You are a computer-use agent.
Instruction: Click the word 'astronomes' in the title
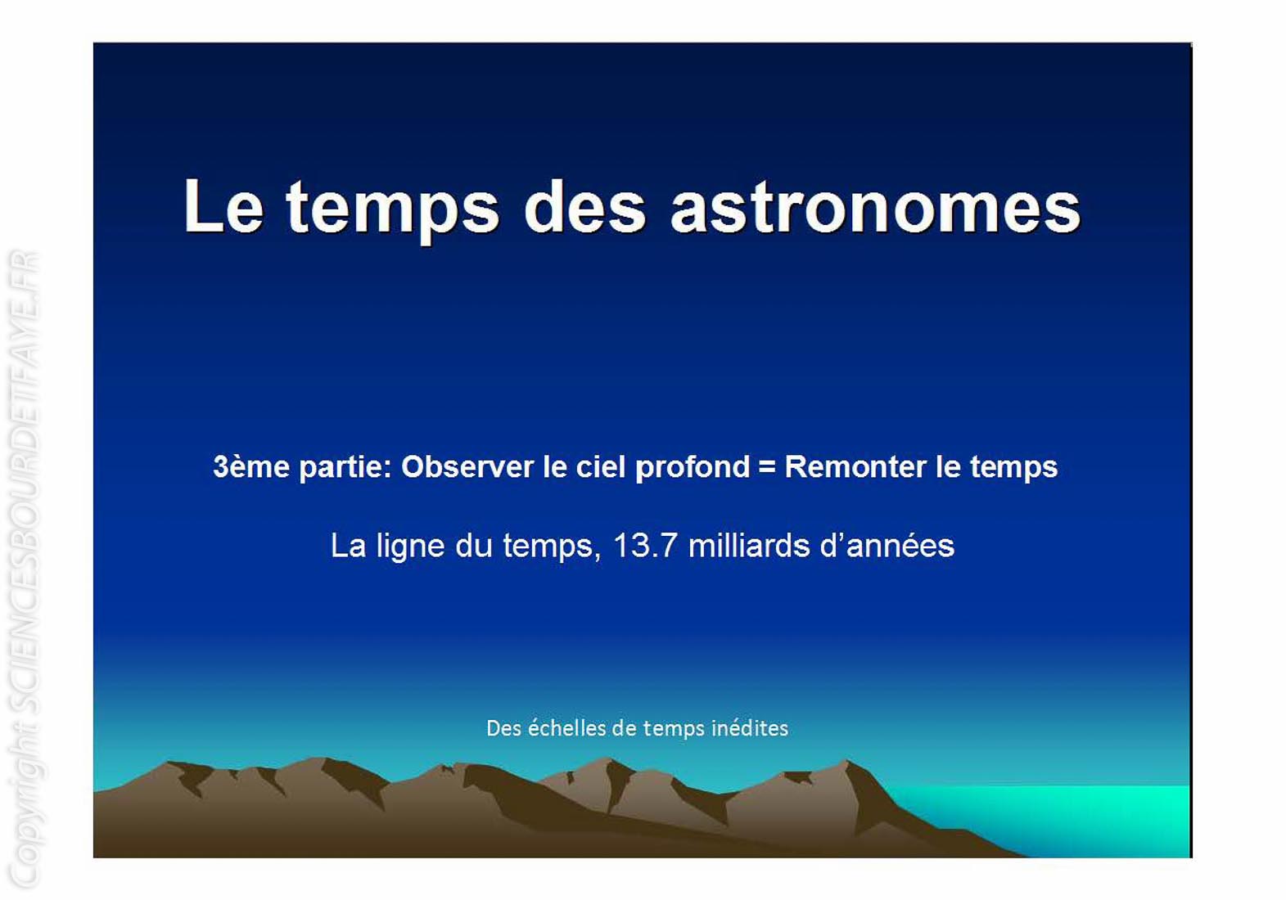[876, 208]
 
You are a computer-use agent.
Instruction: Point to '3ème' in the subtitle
[250, 466]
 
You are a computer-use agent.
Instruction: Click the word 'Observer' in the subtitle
[467, 466]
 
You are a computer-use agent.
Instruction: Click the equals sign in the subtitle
[767, 467]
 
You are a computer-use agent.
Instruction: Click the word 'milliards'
[749, 545]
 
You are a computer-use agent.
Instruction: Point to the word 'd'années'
[887, 545]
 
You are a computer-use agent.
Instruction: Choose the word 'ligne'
[410, 547]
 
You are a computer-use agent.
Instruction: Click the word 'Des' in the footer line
[503, 728]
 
